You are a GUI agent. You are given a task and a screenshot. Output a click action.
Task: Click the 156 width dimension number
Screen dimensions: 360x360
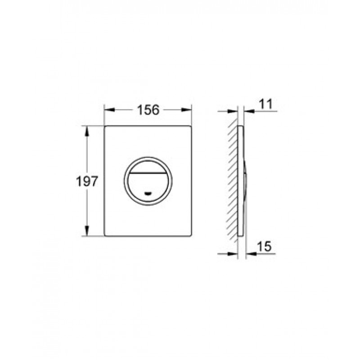pos(148,110)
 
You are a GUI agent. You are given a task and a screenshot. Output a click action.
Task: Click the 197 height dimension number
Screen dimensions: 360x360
pos(87,181)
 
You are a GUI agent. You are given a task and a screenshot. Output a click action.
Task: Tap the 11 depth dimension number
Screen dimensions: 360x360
pos(266,104)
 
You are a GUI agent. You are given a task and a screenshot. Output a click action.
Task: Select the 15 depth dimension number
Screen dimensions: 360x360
pos(264,247)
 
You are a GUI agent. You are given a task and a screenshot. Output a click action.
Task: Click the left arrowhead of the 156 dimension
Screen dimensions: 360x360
pos(109,110)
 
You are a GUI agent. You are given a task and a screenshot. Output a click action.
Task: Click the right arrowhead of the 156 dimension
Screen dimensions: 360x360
pos(186,110)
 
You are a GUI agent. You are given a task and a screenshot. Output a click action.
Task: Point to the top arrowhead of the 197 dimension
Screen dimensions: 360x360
pos(87,131)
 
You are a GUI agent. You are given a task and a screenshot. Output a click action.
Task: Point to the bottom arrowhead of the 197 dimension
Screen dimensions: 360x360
pos(87,231)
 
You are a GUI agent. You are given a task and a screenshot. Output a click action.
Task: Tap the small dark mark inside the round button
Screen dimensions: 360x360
pos(148,193)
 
